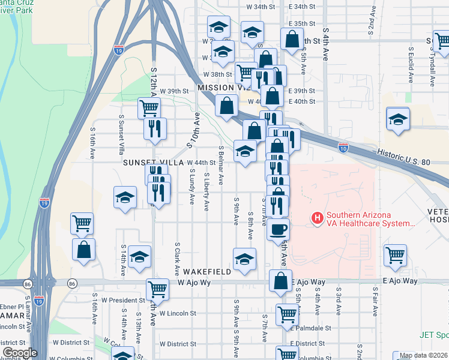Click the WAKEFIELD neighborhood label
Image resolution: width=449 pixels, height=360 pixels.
(208, 272)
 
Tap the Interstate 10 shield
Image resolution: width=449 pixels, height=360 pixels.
(343, 146)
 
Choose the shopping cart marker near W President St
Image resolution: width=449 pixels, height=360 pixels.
(157, 289)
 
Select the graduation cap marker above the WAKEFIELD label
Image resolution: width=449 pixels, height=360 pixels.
(244, 259)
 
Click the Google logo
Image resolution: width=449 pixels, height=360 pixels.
(20, 353)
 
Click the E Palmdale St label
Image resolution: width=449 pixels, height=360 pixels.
(311, 328)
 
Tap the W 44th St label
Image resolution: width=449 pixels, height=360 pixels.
(201, 163)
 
